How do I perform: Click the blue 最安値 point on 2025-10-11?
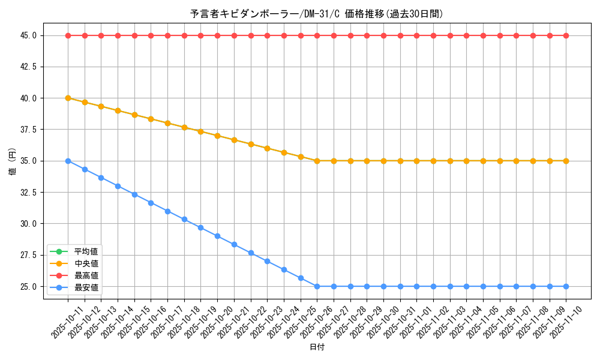[68, 161]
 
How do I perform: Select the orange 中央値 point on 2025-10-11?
[68, 98]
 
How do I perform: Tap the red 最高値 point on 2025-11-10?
[566, 35]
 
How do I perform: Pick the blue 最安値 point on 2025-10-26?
[317, 286]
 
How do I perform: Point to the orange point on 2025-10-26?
[317, 161]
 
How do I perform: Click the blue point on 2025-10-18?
[184, 219]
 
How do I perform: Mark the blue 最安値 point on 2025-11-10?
[566, 286]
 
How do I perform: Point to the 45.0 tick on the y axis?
[28, 35]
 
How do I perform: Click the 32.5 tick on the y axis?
[28, 192]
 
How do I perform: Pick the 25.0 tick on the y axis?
[28, 286]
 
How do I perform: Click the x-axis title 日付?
[317, 347]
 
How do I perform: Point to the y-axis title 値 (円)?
[12, 161]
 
